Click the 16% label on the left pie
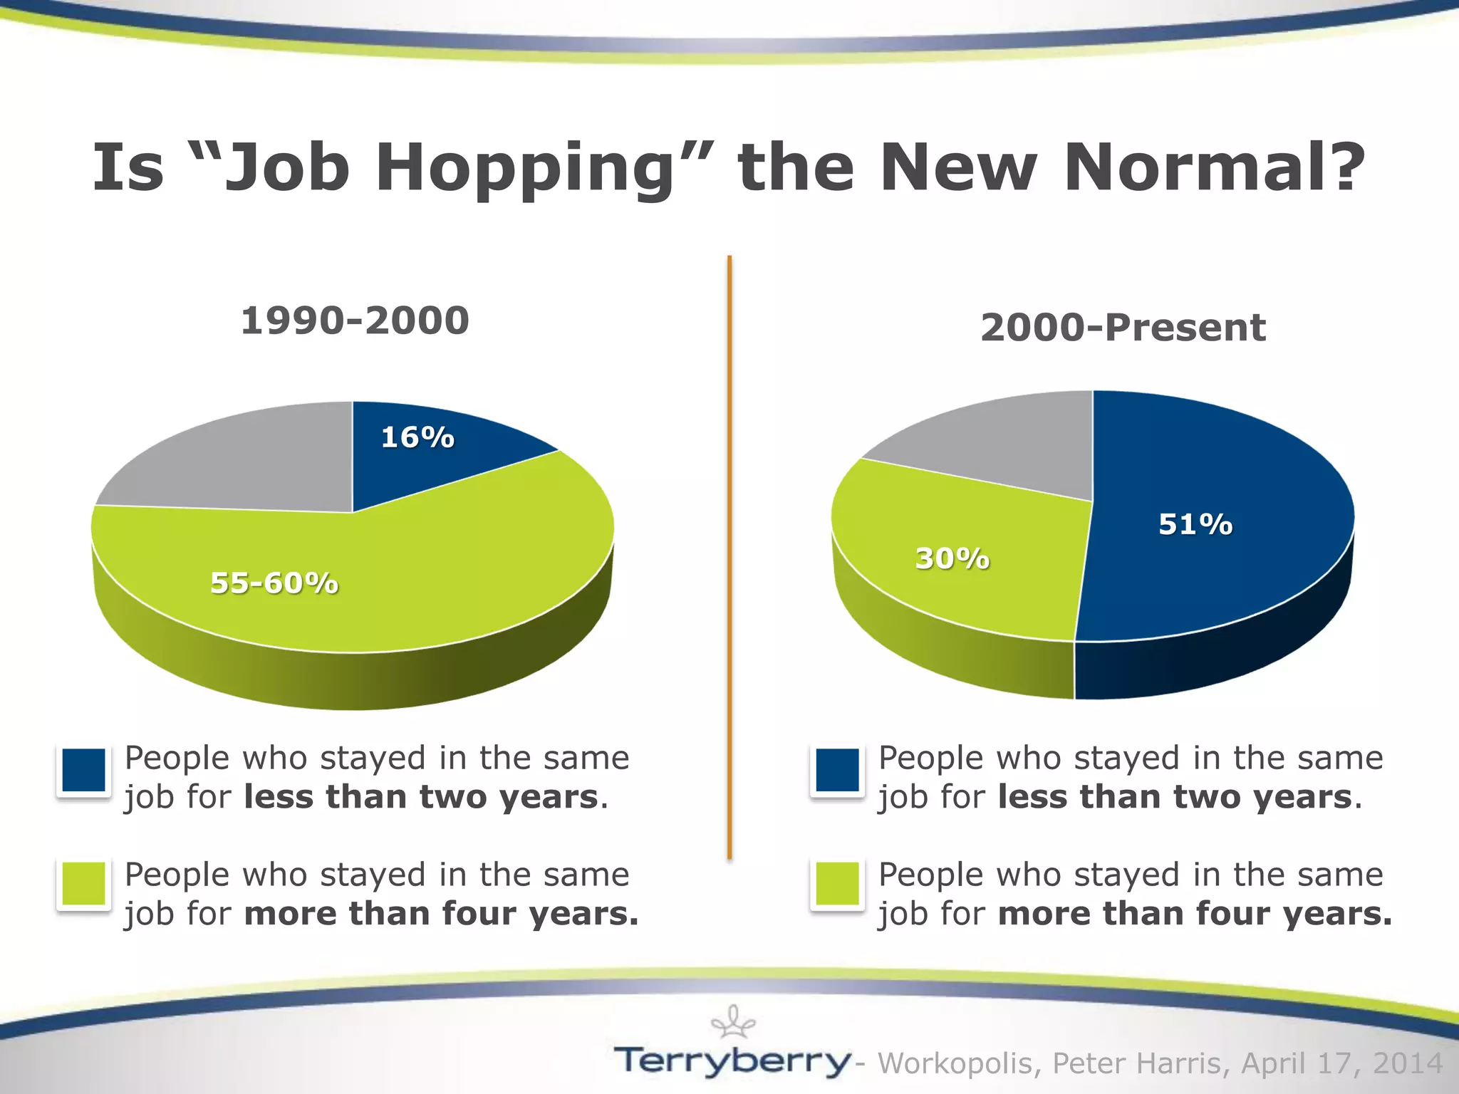[417, 437]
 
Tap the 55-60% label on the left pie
[274, 583]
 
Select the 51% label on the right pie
[1195, 524]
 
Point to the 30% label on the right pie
[952, 558]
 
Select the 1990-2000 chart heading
[355, 321]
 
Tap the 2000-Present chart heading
[1123, 328]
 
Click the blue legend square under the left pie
[84, 770]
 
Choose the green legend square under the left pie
[84, 884]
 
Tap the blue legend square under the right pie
[837, 770]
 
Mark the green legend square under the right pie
[837, 884]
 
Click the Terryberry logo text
[732, 1061]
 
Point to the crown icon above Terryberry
[733, 1023]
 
